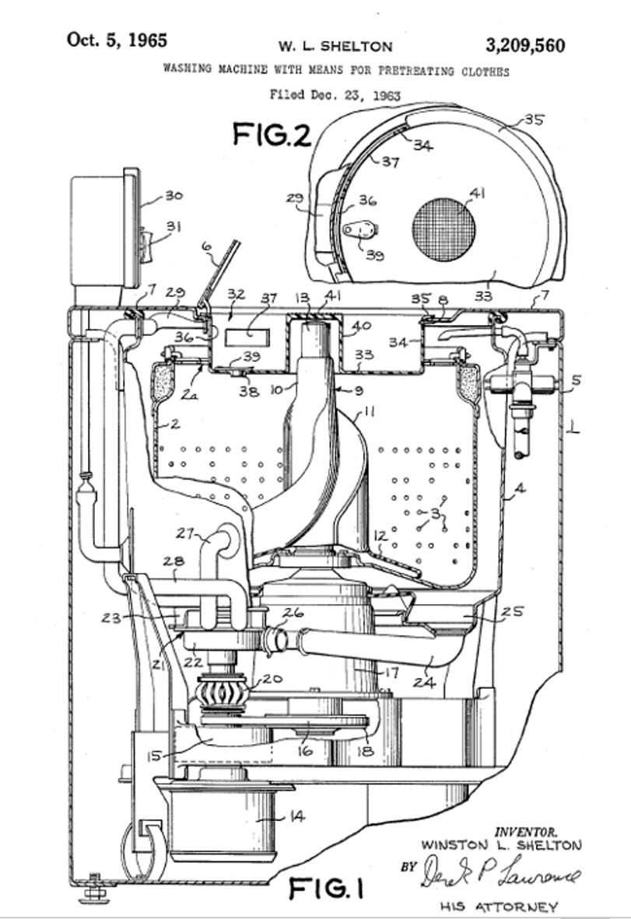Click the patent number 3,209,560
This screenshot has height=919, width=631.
pyautogui.click(x=524, y=45)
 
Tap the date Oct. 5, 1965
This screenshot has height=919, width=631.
pyautogui.click(x=117, y=40)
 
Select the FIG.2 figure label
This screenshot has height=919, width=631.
pyautogui.click(x=272, y=135)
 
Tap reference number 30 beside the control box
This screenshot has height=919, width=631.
pyautogui.click(x=173, y=196)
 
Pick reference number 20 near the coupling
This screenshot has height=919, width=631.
pyautogui.click(x=272, y=679)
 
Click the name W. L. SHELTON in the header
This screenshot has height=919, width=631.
pyautogui.click(x=335, y=47)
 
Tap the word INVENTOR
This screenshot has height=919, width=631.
pyautogui.click(x=526, y=831)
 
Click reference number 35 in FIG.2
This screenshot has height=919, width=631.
pyautogui.click(x=534, y=120)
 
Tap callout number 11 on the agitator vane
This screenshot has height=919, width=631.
pyautogui.click(x=369, y=412)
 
